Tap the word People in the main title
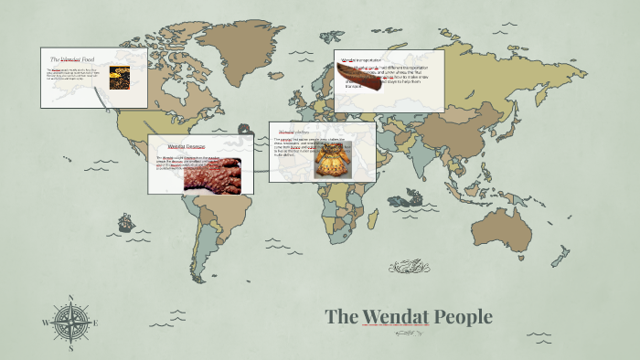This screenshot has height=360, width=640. click(x=464, y=317)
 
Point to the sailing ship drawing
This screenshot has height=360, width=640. click(x=125, y=222)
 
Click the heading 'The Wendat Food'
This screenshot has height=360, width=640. click(x=72, y=59)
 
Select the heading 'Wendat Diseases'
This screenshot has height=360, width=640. click(x=187, y=146)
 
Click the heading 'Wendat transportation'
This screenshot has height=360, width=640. click(x=361, y=61)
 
